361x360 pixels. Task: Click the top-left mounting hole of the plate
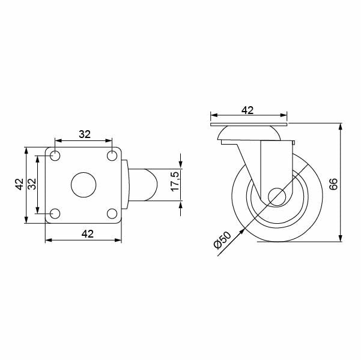[x=55, y=156]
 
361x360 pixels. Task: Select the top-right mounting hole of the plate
[x=112, y=156]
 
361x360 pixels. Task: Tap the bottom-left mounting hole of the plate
[x=55, y=213]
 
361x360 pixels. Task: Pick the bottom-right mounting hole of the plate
[x=112, y=213]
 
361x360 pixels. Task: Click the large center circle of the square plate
[x=83, y=184]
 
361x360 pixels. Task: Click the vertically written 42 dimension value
[x=19, y=184]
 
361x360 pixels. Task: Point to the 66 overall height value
[x=333, y=183]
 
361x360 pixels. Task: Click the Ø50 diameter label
[x=222, y=242]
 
